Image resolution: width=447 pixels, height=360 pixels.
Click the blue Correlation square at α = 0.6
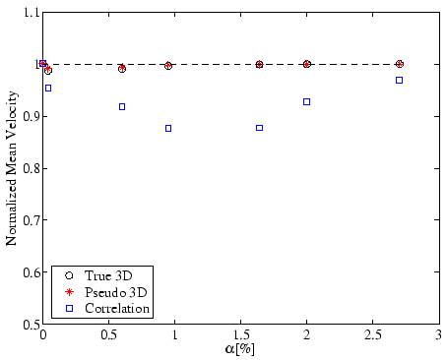122,106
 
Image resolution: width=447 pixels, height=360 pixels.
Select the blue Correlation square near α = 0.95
168,128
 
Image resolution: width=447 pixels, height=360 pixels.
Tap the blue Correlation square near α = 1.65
260,128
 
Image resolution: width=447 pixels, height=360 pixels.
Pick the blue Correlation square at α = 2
307,101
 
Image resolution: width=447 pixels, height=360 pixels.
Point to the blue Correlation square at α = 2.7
399,80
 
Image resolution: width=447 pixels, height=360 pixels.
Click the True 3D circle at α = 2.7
399,64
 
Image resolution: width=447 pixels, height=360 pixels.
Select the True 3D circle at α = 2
307,64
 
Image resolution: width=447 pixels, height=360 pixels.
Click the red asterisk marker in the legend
67,293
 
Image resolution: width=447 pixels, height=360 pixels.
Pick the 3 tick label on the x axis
438,335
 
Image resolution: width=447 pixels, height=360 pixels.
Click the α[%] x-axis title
240,349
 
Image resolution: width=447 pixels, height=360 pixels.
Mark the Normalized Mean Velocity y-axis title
11,168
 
